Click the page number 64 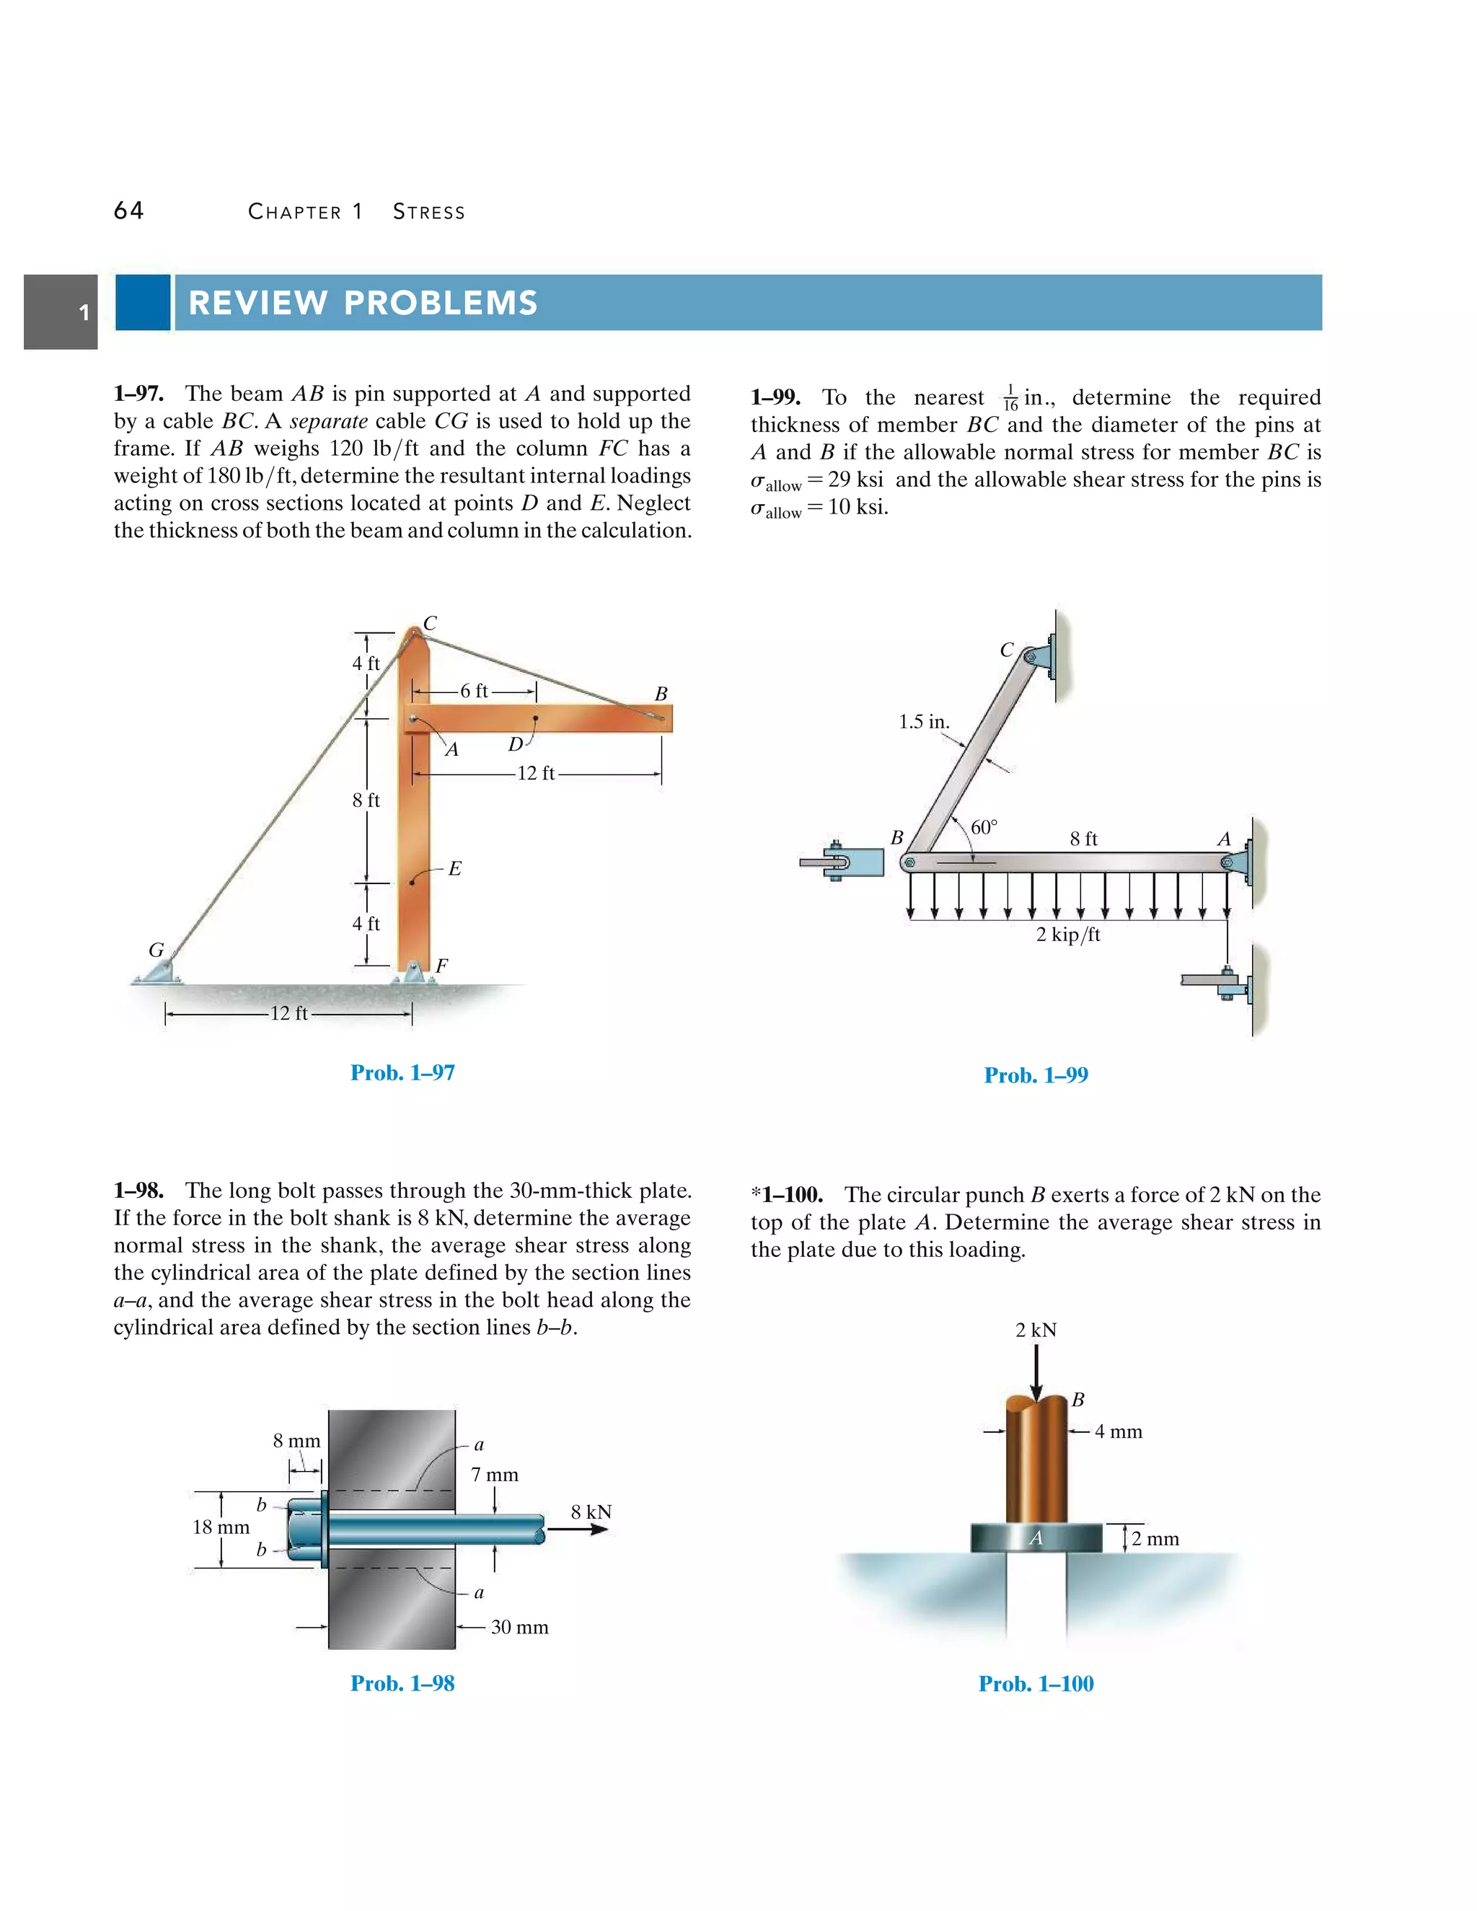coord(128,211)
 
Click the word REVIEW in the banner coord(257,303)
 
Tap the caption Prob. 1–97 coord(402,1073)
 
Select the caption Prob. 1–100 coord(1036,1684)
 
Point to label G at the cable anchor coord(156,950)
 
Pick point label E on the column coord(454,869)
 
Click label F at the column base coord(442,965)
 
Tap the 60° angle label coord(984,827)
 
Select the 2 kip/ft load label coord(1067,935)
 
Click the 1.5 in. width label coord(924,722)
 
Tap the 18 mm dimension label coord(221,1527)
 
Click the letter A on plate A coord(1036,1537)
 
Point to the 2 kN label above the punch coord(1036,1330)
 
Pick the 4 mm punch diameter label coord(1119,1431)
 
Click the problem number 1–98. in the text coord(138,1191)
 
